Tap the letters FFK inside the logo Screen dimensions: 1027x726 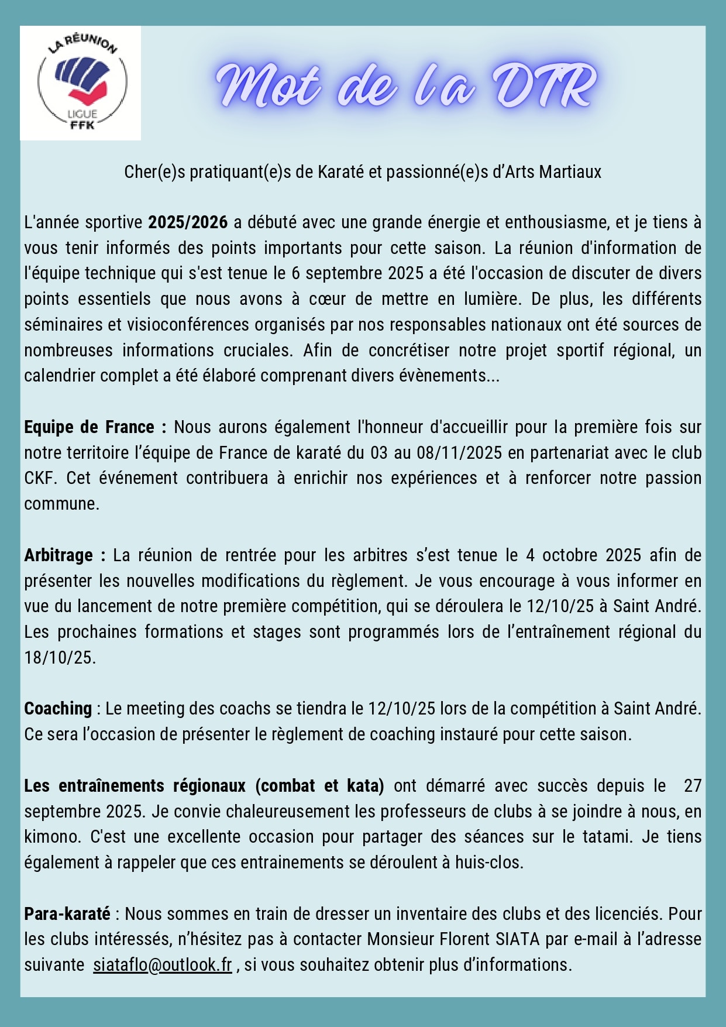coord(82,125)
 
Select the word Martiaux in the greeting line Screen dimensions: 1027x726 coord(570,172)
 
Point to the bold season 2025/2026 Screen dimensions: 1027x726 coord(188,222)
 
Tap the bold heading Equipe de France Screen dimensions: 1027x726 coord(89,427)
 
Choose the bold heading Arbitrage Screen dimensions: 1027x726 coord(59,555)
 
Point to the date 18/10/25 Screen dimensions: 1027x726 coord(59,658)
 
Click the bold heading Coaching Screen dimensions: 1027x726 coord(58,709)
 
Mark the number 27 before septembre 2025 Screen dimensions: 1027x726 coord(693,785)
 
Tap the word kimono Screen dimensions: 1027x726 coord(51,837)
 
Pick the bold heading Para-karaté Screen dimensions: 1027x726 coord(67,913)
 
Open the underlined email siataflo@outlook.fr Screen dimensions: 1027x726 coord(163,965)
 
